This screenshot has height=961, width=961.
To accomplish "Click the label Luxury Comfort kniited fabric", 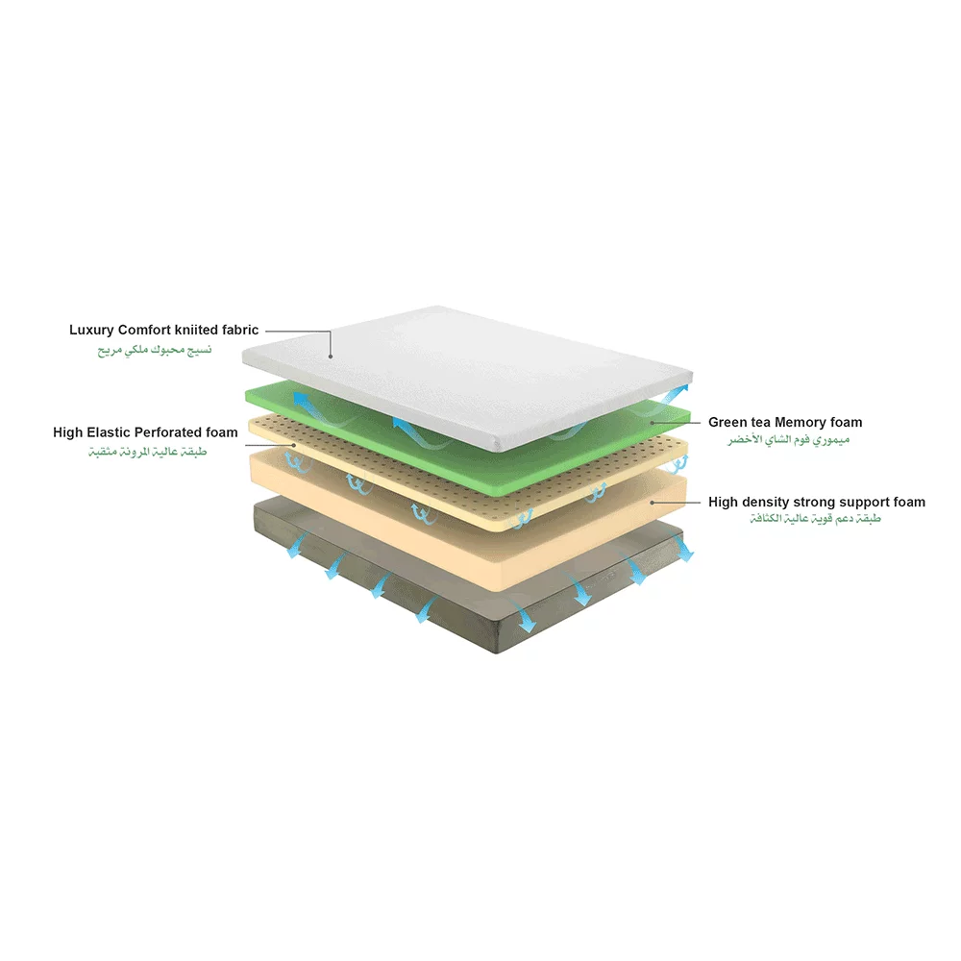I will [x=163, y=331].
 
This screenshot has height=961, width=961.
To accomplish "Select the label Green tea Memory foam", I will [x=785, y=422].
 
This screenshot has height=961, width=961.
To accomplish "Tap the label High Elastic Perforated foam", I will [x=145, y=433].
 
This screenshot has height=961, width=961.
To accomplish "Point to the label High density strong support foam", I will [x=817, y=502].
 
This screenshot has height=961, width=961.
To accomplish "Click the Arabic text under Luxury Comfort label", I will [x=154, y=350].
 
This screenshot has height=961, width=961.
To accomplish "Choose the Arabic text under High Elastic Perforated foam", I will [x=145, y=452].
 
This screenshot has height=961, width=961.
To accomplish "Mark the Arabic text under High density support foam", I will [x=816, y=519].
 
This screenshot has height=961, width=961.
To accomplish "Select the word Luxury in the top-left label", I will [x=92, y=331].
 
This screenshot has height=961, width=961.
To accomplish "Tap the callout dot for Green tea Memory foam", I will [x=653, y=422].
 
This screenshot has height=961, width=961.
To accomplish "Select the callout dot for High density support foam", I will [x=653, y=502].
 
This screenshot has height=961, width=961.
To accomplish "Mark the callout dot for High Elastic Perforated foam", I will [x=292, y=445].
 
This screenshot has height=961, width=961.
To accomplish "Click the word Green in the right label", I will [x=728, y=422].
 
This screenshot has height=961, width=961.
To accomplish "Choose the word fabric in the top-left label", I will [x=237, y=331].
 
